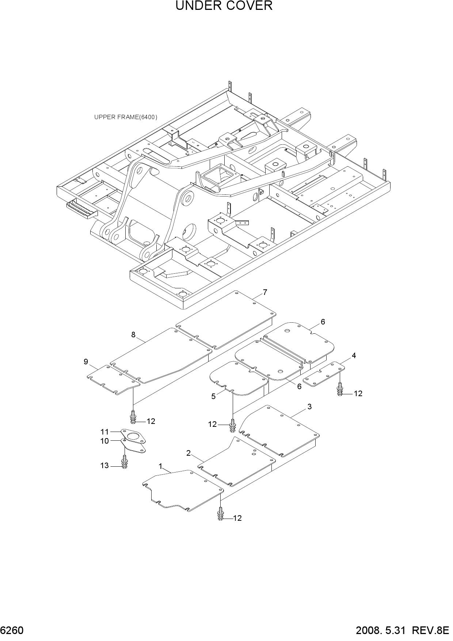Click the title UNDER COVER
point(224,6)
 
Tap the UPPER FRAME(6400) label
point(126,117)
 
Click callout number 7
point(265,292)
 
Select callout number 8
point(133,334)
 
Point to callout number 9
point(86,362)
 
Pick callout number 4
point(354,356)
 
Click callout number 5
point(213,397)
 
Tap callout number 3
point(309,407)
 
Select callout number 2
point(189,453)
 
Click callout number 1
point(160,466)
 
